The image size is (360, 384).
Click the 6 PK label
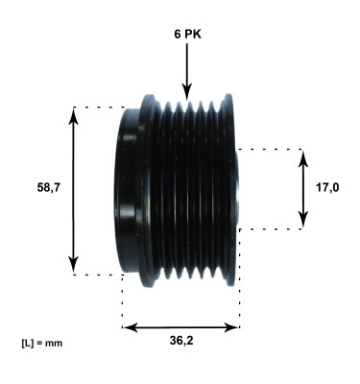click(186, 33)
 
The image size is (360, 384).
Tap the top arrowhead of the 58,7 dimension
click(74, 114)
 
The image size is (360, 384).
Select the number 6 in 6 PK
click(176, 33)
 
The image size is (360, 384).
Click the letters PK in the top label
click(192, 33)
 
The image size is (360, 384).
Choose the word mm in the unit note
click(55, 342)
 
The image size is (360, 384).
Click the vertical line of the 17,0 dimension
click(303, 206)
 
